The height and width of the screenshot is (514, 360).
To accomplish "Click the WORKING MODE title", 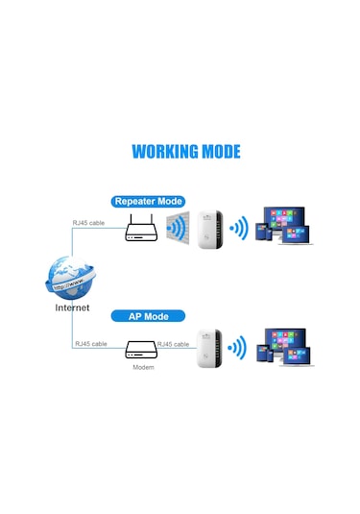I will pyautogui.click(x=185, y=151).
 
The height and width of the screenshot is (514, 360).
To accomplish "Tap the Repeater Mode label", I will pyautogui.click(x=148, y=201).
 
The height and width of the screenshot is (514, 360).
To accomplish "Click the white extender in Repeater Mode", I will pyautogui.click(x=210, y=228).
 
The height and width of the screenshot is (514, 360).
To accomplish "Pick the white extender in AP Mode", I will pyautogui.click(x=210, y=350).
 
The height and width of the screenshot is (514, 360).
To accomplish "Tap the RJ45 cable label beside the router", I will pyautogui.click(x=88, y=223).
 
